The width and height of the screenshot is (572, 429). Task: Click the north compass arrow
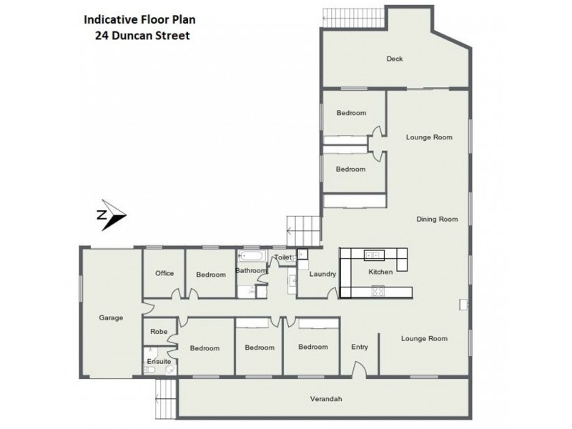(x=111, y=215)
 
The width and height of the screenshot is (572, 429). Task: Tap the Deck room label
(x=394, y=59)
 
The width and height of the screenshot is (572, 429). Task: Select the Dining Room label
(x=436, y=219)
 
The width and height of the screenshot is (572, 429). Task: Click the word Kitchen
(x=380, y=272)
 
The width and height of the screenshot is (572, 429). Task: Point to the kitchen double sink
(x=373, y=255)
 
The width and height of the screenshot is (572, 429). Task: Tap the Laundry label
(x=322, y=273)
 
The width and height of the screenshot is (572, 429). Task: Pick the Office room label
(x=164, y=272)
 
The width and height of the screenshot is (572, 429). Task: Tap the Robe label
(x=159, y=332)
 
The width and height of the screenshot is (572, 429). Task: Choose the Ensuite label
(x=159, y=362)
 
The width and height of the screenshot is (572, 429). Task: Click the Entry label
(x=359, y=347)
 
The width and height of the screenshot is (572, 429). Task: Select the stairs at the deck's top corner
(x=332, y=15)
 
